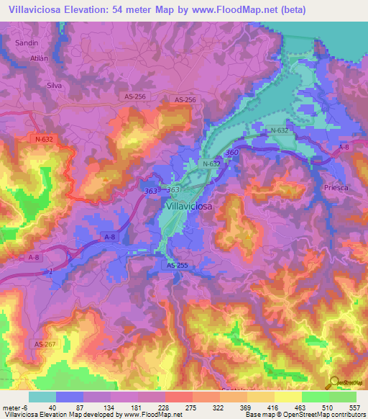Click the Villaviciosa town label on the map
pyautogui.click(x=189, y=207)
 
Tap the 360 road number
pyautogui.click(x=231, y=153)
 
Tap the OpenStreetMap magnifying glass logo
pyautogui.click(x=335, y=382)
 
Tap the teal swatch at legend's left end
pyautogui.click(x=42, y=397)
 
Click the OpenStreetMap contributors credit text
pyautogui.click(x=328, y=415)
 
